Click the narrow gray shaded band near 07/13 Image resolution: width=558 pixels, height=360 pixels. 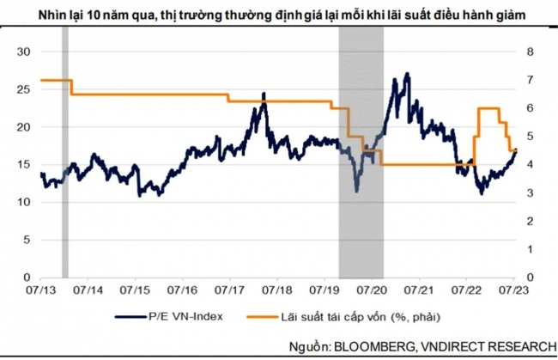coord(64,163)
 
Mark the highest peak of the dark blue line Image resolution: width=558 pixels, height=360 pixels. coord(406,74)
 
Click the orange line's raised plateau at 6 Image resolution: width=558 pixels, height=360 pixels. coord(488,108)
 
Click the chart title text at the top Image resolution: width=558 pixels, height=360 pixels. coord(278,15)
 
